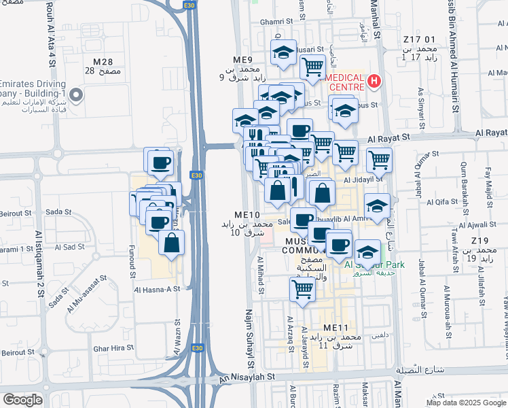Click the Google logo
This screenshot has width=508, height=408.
pyautogui.click(x=22, y=400)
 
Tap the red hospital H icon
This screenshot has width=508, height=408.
pyautogui.click(x=373, y=82)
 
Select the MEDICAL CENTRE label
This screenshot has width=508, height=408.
pyautogui.click(x=346, y=82)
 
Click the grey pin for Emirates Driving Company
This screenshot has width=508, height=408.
pyautogui.click(x=77, y=95)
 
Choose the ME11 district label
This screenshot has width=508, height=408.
pyautogui.click(x=336, y=328)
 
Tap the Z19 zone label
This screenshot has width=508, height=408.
pyautogui.click(x=482, y=241)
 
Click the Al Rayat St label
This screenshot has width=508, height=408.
pyautogui.click(x=391, y=138)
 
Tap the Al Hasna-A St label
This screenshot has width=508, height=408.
pyautogui.click(x=157, y=289)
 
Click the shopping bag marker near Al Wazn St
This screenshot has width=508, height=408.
pyautogui.click(x=172, y=242)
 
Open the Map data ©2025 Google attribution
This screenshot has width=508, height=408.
pyautogui.click(x=466, y=403)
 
